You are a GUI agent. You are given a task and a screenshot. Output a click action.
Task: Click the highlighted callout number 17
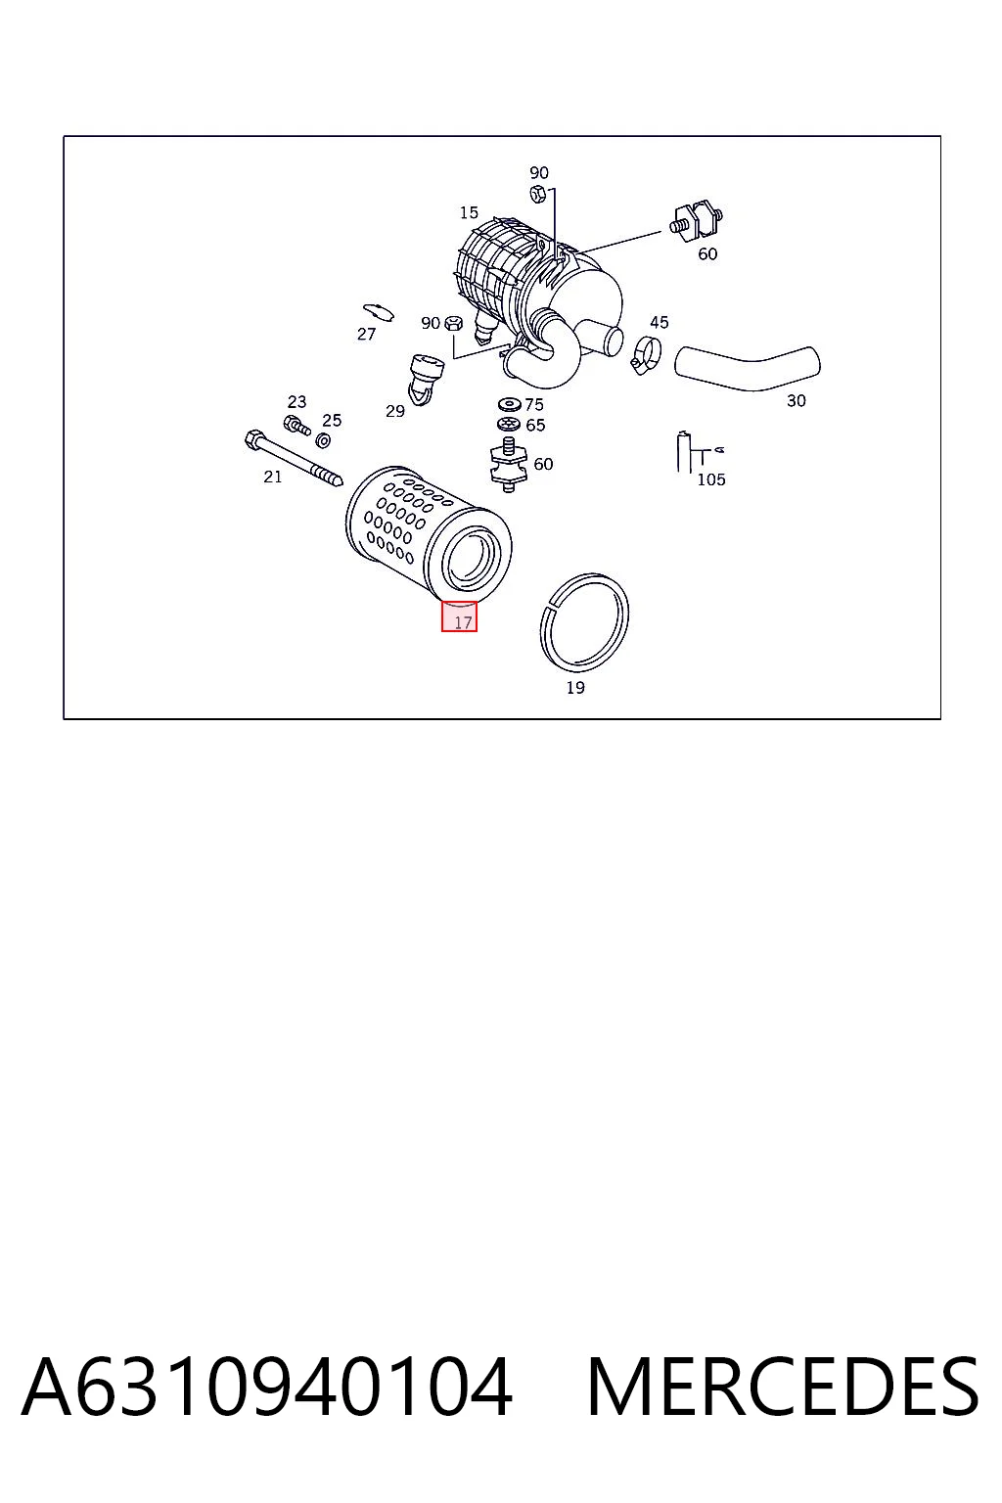pos(463,622)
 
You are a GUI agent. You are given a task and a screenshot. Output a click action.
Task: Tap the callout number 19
pos(575,687)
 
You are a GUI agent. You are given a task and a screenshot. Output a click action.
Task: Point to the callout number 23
pos(296,401)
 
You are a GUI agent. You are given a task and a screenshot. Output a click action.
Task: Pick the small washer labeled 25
pos(323,440)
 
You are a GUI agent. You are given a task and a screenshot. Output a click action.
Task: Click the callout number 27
pos(366,334)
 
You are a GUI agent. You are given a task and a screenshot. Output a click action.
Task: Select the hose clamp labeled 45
pos(646,353)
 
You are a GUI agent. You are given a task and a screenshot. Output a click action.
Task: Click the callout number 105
pos(710,479)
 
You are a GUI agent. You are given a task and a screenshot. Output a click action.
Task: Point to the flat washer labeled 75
pos(510,404)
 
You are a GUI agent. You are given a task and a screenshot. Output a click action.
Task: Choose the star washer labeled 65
pos(510,424)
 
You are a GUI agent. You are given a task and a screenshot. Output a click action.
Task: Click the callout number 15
pos(469,212)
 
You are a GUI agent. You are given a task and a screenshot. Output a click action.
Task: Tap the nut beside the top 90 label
pos(536,195)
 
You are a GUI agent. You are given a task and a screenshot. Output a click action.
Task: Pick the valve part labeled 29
pos(426,380)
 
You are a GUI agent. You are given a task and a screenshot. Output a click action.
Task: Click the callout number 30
pos(796,400)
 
